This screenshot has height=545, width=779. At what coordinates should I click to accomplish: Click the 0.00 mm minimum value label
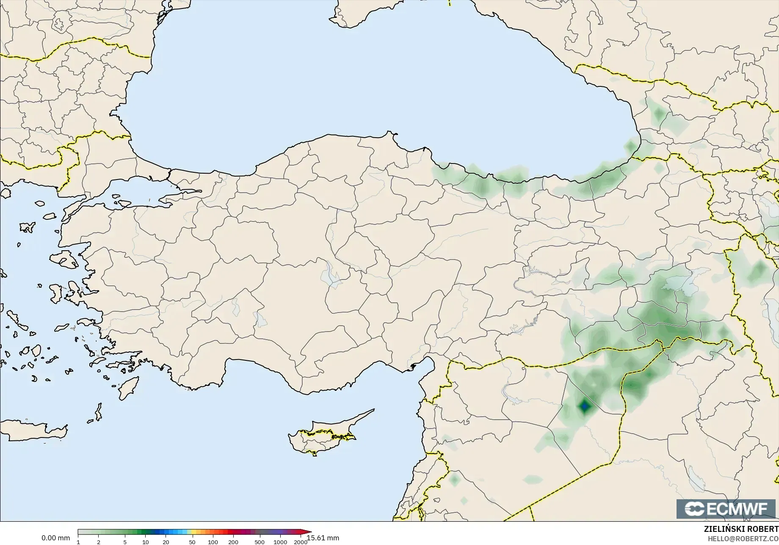click(x=55, y=538)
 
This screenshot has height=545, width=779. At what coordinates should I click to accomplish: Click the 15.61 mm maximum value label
click(x=323, y=538)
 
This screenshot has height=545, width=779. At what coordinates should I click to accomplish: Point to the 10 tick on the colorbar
click(x=145, y=542)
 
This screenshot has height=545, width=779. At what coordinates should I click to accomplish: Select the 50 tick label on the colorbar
click(x=192, y=542)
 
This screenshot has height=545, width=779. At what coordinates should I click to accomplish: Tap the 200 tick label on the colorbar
click(x=233, y=542)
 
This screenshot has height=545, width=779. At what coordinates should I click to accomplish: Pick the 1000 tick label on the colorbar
click(x=280, y=542)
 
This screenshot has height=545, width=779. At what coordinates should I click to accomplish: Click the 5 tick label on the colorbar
click(x=125, y=542)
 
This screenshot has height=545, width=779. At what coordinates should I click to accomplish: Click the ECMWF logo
click(x=726, y=509)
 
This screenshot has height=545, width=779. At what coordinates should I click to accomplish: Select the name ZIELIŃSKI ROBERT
click(x=741, y=529)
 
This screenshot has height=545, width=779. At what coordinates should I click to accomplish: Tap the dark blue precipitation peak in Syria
click(x=585, y=407)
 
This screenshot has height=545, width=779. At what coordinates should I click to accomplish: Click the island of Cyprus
click(x=322, y=436)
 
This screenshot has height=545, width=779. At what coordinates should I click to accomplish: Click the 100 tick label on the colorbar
click(x=213, y=542)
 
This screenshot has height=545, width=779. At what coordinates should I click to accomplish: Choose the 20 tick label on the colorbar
click(x=166, y=542)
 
